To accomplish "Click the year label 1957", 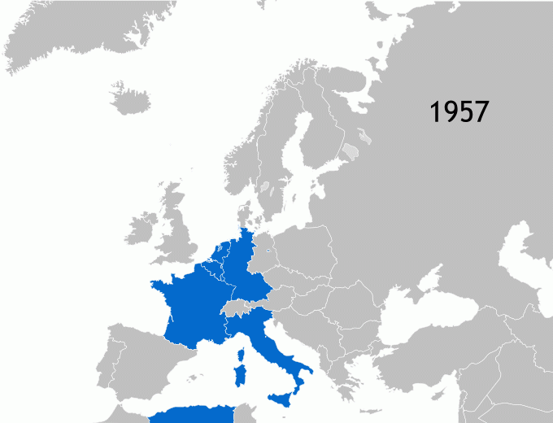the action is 459,111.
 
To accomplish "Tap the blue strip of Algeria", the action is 191,414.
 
